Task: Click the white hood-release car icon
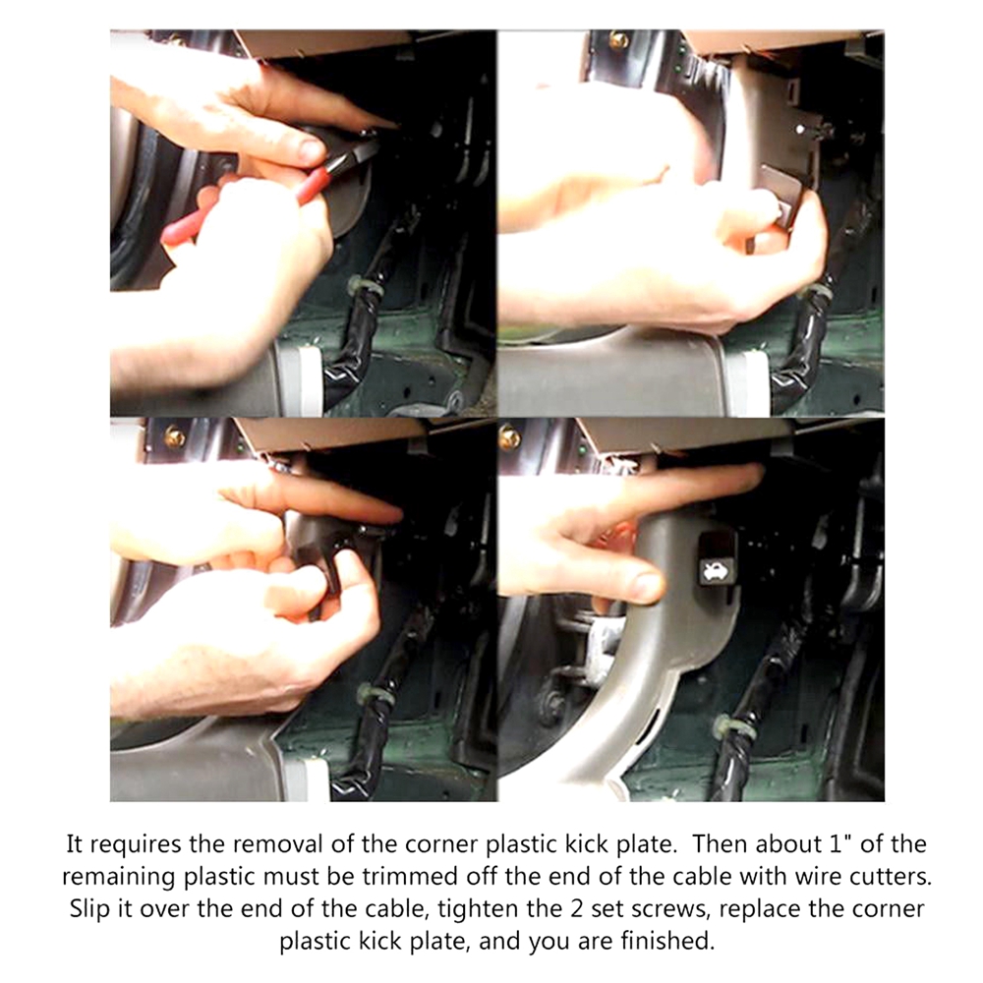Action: pyautogui.click(x=712, y=570)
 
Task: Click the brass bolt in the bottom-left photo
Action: pyautogui.click(x=174, y=436)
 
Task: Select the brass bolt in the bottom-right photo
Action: pyautogui.click(x=509, y=437)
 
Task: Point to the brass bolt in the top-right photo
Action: pyautogui.click(x=618, y=39)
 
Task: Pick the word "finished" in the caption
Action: pyautogui.click(x=667, y=941)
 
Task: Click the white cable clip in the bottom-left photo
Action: pyautogui.click(x=375, y=693)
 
